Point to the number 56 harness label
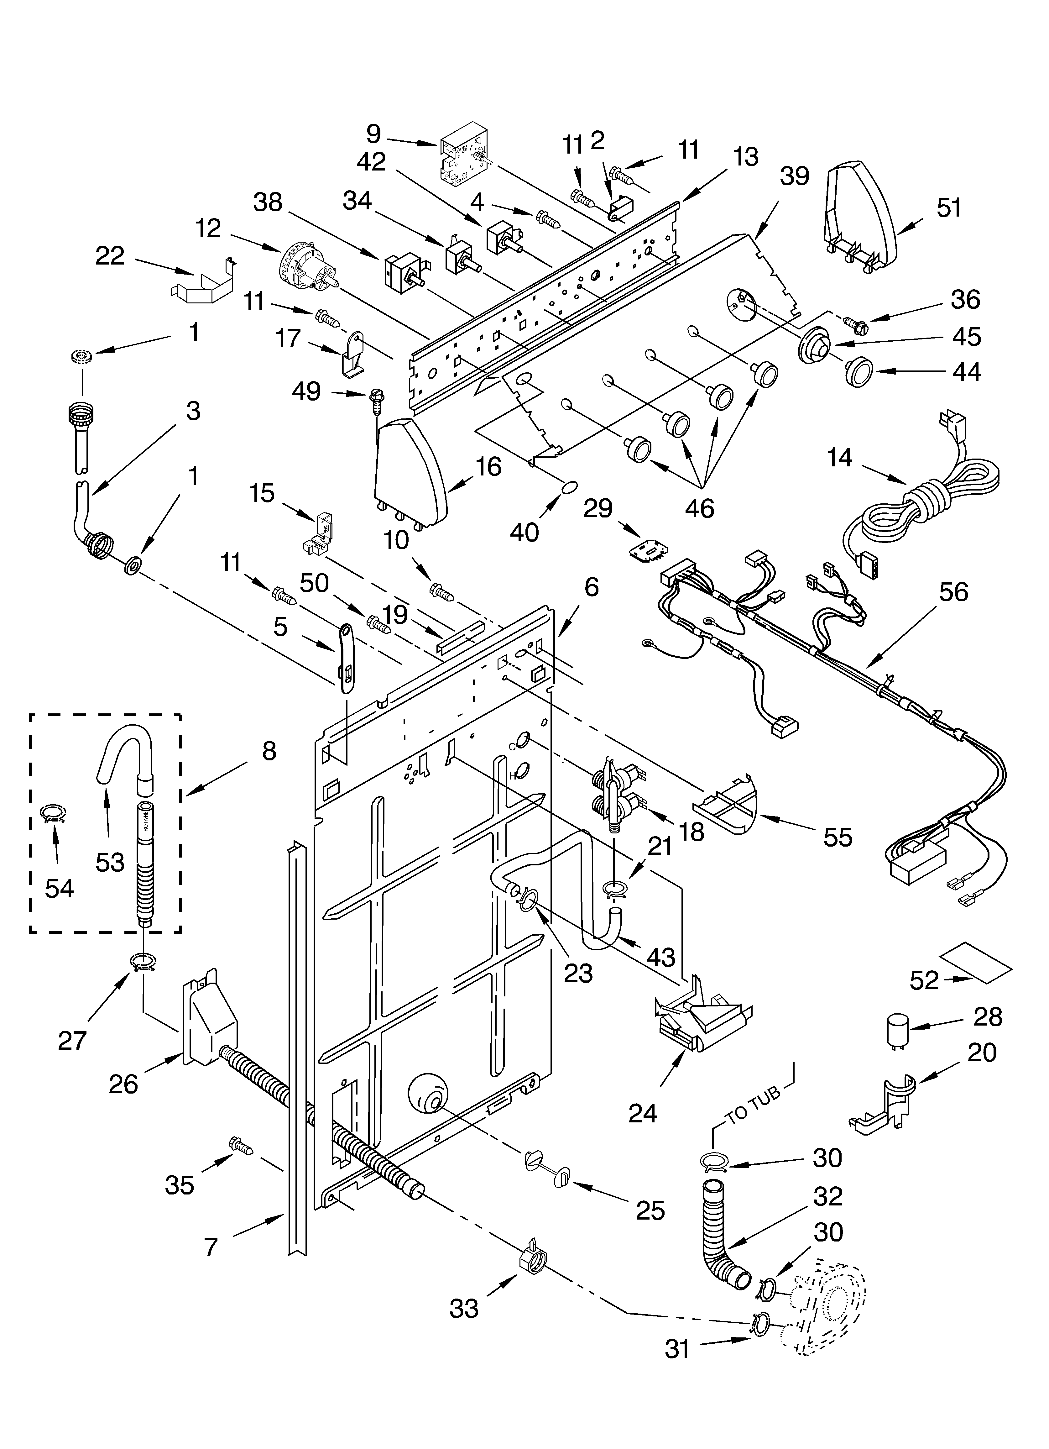(x=953, y=592)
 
